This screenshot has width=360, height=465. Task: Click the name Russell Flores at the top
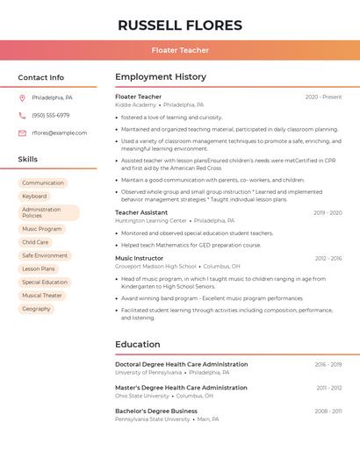[x=180, y=25]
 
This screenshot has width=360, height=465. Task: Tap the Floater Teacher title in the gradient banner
[x=180, y=50]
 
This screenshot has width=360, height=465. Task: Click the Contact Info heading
[x=41, y=77]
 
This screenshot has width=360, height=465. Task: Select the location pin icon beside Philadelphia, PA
[x=22, y=97]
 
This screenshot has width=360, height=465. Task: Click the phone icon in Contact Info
[x=22, y=115]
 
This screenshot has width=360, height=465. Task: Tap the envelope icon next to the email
[x=22, y=132]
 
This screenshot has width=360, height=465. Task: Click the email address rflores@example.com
[x=60, y=132]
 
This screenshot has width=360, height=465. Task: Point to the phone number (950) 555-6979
[x=51, y=115]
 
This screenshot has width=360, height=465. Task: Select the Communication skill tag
[x=43, y=182]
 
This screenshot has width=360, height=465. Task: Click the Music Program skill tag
[x=42, y=228]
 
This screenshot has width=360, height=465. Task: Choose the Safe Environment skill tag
[x=45, y=255]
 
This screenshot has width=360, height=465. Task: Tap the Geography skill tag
[x=36, y=309]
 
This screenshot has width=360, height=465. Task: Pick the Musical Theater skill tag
[x=42, y=296]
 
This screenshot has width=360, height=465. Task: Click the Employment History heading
[x=161, y=77]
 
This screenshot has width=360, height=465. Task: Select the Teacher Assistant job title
[x=141, y=212]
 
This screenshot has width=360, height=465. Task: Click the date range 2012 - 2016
[x=328, y=258]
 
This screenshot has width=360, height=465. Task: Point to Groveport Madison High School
[x=155, y=266]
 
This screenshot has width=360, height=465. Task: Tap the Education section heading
[x=138, y=344]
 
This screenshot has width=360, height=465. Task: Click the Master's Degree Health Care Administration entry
[x=181, y=387]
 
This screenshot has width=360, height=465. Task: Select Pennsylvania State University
[x=152, y=419]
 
